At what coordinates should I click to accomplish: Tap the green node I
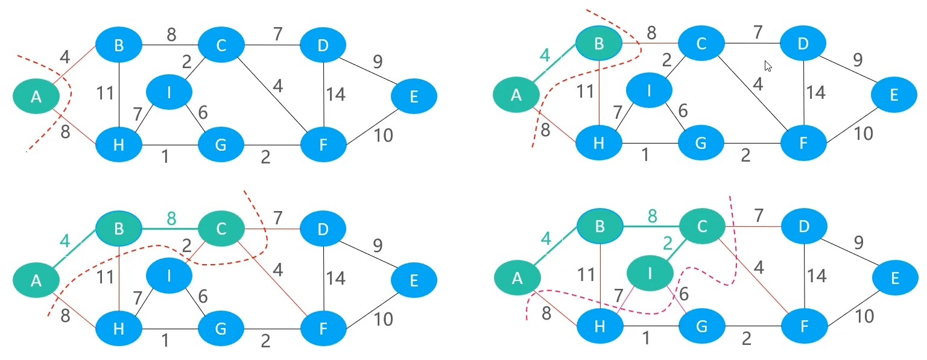coord(650,273)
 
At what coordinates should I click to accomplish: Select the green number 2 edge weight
coord(668,244)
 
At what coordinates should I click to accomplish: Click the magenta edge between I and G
coord(677,300)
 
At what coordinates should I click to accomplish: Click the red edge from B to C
coord(650,43)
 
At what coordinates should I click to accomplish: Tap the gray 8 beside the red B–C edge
coord(651,33)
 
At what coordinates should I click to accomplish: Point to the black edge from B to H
coord(119,95)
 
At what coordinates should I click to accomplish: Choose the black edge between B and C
coord(170,45)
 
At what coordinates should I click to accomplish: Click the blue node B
coord(119,45)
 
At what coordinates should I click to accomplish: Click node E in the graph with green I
coord(894,277)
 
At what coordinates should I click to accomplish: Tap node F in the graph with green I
coord(804,326)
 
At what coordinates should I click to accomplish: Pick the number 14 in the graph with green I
coord(817,276)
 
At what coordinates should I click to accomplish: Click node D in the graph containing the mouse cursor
coord(803,43)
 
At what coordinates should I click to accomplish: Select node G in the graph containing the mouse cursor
coord(701,143)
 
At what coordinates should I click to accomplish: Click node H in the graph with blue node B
coord(119,145)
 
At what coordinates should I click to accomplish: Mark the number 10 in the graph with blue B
coord(383,136)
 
